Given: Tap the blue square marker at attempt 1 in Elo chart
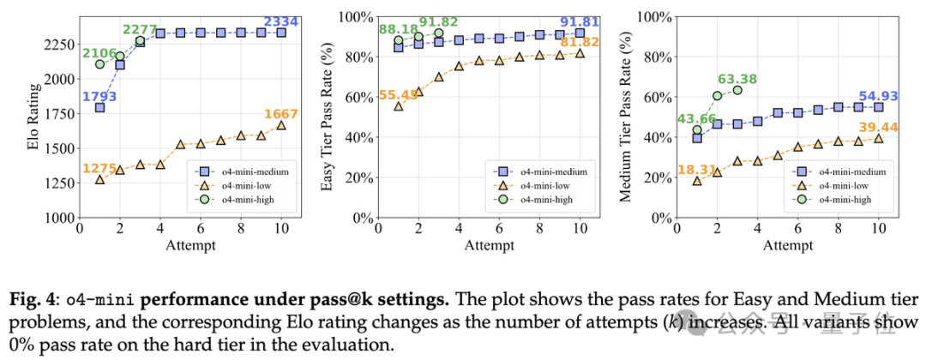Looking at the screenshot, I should pyautogui.click(x=99, y=108).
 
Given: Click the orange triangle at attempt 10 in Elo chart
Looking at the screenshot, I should pyautogui.click(x=282, y=125).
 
